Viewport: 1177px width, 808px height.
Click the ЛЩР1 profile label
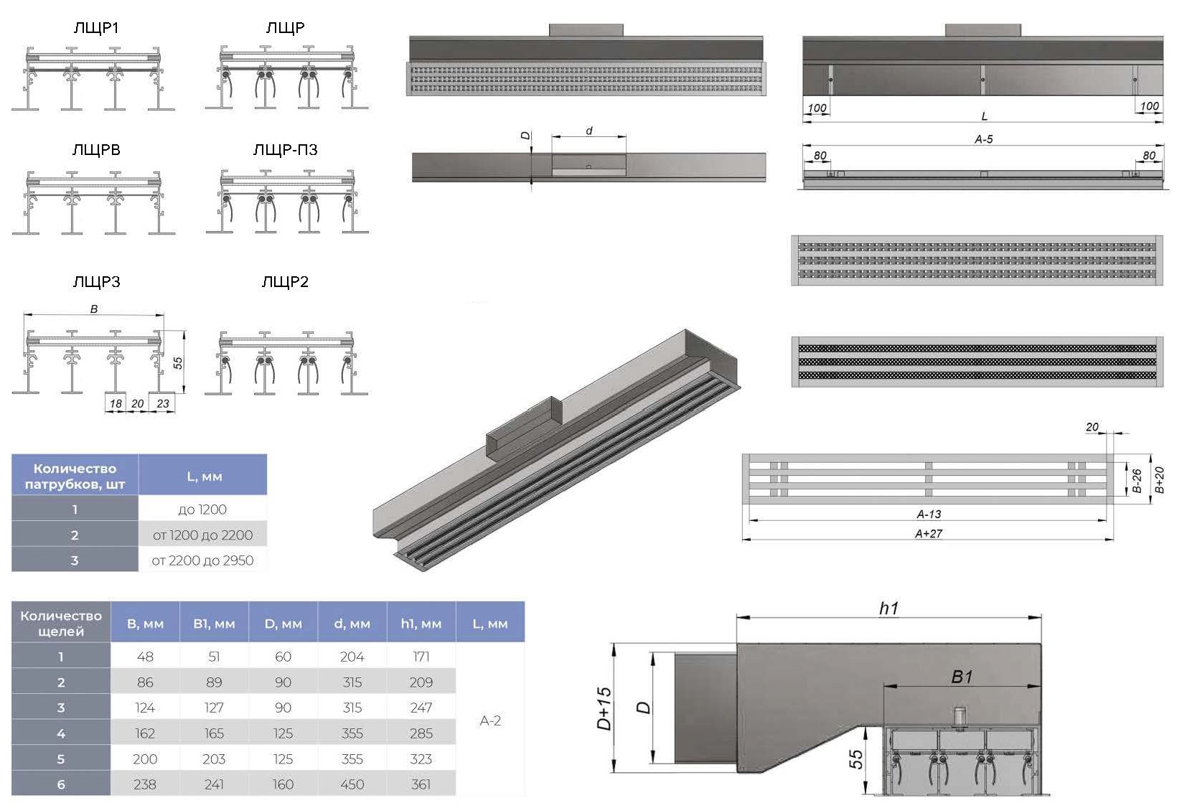click(x=96, y=28)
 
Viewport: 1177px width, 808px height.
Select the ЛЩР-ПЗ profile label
click(x=285, y=150)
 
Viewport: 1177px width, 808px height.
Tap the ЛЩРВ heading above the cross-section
click(x=96, y=150)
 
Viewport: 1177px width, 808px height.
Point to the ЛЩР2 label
click(x=285, y=282)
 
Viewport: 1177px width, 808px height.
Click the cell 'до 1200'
click(x=202, y=509)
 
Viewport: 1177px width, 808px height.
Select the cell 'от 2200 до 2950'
click(x=202, y=560)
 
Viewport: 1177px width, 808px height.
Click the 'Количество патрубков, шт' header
click(x=75, y=476)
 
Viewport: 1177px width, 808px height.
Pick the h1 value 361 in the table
click(x=421, y=784)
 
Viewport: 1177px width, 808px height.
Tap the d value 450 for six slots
click(x=352, y=784)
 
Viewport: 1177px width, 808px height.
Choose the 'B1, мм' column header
click(x=214, y=624)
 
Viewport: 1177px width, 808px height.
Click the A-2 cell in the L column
click(x=490, y=720)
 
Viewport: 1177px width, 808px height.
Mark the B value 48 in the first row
click(x=145, y=657)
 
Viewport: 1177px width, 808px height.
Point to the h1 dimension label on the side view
click(x=888, y=609)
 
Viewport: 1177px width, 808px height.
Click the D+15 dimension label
click(x=604, y=708)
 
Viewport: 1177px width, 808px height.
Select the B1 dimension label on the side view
click(x=962, y=677)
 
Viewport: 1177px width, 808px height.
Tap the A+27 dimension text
click(x=929, y=534)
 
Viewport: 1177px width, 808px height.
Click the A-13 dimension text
click(x=929, y=515)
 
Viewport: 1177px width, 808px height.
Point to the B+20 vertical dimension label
click(x=1159, y=479)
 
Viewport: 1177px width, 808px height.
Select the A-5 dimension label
click(x=983, y=139)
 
